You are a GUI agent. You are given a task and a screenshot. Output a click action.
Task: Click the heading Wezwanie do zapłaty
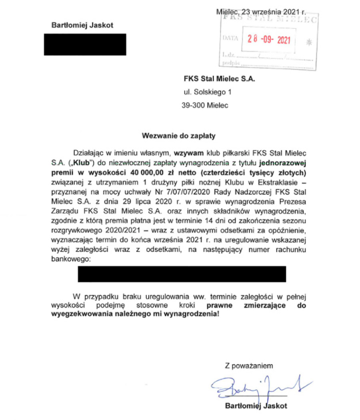pos(179,136)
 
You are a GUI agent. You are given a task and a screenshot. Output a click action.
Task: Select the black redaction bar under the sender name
pos(85,44)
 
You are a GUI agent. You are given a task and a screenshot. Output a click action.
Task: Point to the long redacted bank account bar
pos(182,274)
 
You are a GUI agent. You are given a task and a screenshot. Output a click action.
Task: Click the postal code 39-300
pos(193,106)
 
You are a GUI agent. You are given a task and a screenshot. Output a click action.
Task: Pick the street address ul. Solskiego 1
pos(208,92)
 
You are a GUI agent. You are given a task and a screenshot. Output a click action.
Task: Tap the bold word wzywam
pos(186,153)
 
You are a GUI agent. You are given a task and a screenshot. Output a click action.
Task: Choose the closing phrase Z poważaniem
pos(248,365)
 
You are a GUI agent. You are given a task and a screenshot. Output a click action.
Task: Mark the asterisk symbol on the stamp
pos(307,41)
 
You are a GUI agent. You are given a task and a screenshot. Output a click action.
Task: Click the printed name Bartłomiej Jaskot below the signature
pos(256,406)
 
